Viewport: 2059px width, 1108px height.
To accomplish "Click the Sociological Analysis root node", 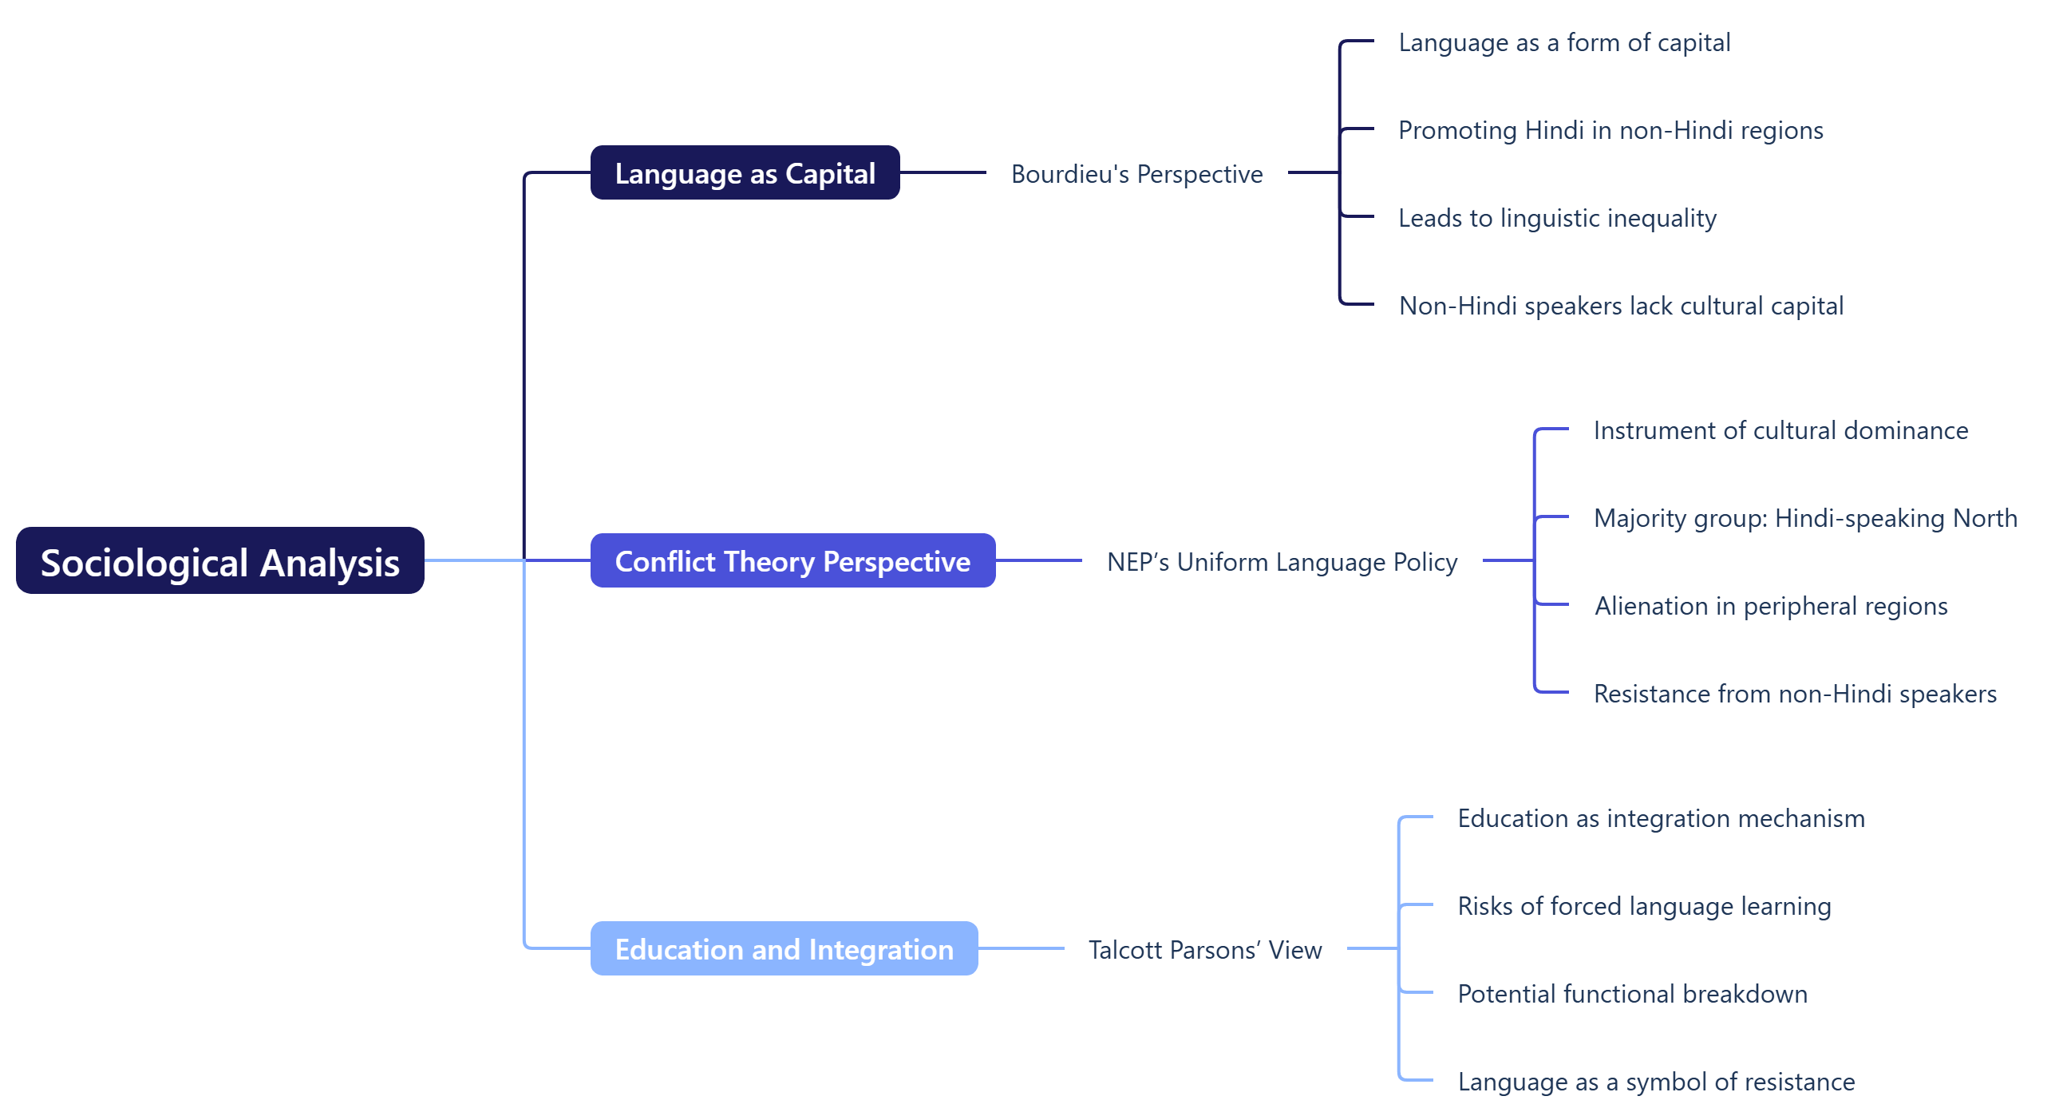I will point(219,560).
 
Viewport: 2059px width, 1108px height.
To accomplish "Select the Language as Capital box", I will point(744,172).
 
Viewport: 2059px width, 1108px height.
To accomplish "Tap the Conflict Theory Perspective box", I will point(792,560).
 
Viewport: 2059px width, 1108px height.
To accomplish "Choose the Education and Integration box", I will point(784,948).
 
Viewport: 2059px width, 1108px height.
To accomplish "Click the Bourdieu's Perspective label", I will point(1136,173).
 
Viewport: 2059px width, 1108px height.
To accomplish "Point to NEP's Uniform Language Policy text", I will point(1281,561).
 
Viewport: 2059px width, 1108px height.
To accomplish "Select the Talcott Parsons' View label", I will point(1204,949).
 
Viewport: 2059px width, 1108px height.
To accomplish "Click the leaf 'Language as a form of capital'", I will point(1563,42).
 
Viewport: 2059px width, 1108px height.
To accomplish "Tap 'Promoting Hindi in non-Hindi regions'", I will point(1610,129).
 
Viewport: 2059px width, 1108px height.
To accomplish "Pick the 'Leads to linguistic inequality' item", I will point(1556,217).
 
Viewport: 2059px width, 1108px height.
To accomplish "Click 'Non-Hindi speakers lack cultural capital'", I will point(1620,306).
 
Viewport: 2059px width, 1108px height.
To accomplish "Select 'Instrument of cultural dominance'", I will point(1780,430).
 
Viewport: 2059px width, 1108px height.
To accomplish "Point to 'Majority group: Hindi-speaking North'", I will point(1805,518).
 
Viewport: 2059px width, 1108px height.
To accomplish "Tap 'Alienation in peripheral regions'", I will point(1770,606).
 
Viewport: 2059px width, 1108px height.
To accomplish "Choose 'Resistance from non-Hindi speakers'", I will point(1794,693).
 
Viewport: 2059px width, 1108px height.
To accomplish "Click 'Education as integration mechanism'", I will point(1660,817).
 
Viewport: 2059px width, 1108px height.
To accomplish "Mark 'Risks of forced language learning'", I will point(1643,906).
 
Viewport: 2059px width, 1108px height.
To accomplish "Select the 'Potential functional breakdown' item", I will point(1631,994).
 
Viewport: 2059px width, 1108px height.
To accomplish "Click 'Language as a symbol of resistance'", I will point(1655,1082).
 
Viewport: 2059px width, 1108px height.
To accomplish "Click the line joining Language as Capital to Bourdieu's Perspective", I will point(943,172).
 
